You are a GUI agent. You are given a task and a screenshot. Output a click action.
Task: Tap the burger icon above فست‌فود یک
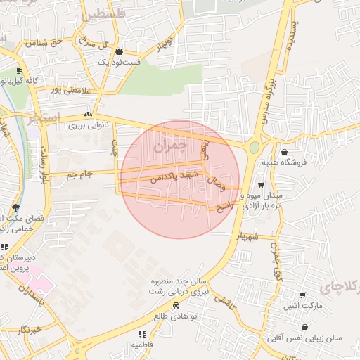120,51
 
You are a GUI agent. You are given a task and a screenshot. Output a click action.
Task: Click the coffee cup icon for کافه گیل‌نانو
19,71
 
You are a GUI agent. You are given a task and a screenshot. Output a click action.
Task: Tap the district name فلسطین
103,13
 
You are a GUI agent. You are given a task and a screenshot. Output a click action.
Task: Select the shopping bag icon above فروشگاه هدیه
284,152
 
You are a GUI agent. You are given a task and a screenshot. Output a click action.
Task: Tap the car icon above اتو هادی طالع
175,306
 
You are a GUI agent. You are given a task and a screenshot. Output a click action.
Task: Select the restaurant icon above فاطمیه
142,335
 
